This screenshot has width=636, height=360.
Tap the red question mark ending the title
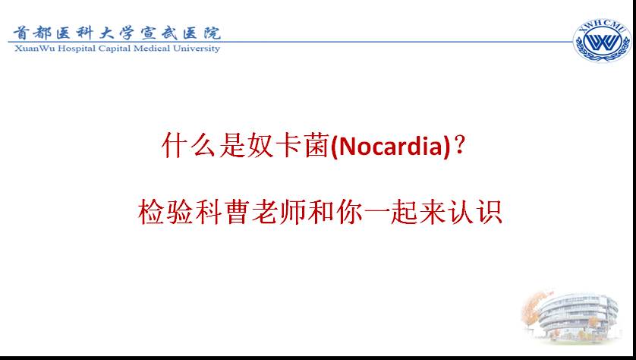[459, 145]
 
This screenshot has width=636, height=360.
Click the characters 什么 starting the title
[188, 145]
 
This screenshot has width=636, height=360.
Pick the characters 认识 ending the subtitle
[475, 212]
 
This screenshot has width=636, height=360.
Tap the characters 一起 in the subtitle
[389, 212]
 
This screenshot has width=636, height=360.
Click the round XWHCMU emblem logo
[602, 41]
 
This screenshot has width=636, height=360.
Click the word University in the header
[197, 49]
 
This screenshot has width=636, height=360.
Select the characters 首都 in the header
[32, 33]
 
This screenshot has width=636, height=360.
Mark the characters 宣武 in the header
[159, 33]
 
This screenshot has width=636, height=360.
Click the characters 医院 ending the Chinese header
[201, 33]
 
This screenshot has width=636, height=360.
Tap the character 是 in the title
[232, 145]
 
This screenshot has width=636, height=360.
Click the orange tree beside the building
[533, 311]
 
